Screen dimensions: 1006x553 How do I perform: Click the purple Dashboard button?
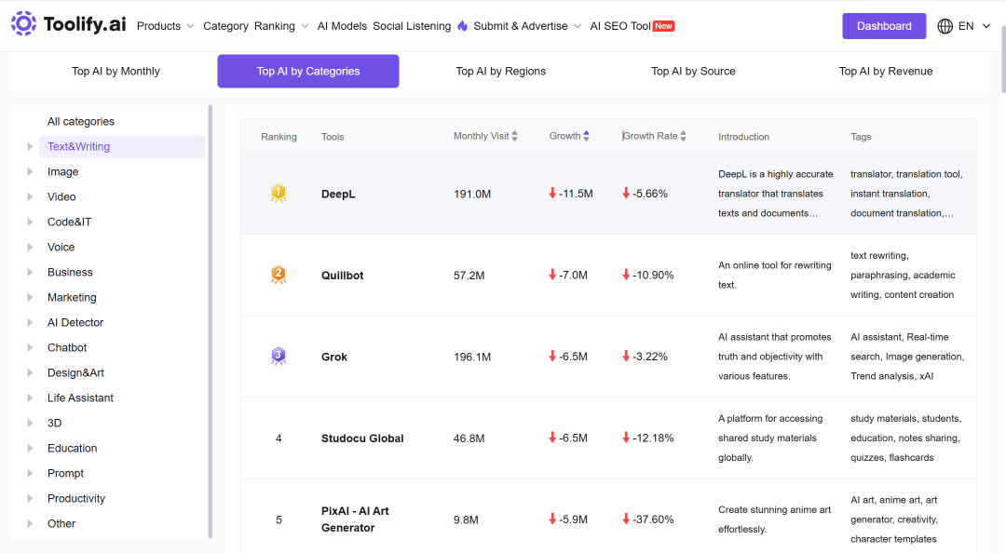883,26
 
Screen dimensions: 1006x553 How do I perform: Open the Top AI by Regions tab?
500,71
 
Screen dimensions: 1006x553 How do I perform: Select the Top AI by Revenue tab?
886,71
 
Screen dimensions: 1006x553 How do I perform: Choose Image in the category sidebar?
63,172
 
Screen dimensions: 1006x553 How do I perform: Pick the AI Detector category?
75,323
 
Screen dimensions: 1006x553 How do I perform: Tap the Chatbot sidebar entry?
67,347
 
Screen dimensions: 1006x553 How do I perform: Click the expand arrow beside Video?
30,197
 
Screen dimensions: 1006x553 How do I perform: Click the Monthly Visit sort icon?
514,136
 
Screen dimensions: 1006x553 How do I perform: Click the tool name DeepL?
338,195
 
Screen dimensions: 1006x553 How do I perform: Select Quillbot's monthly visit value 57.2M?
469,276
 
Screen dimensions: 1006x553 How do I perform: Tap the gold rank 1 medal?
279,193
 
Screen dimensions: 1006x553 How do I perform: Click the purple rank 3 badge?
279,356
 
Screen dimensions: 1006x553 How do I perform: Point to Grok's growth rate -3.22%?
645,357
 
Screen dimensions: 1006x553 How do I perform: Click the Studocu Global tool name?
362,438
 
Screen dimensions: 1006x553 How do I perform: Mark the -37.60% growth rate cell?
648,519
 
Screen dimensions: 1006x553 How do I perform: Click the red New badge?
663,26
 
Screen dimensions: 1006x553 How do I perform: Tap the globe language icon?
945,26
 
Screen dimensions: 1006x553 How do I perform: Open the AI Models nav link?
342,26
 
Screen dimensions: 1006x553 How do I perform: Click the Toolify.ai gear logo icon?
23,23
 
